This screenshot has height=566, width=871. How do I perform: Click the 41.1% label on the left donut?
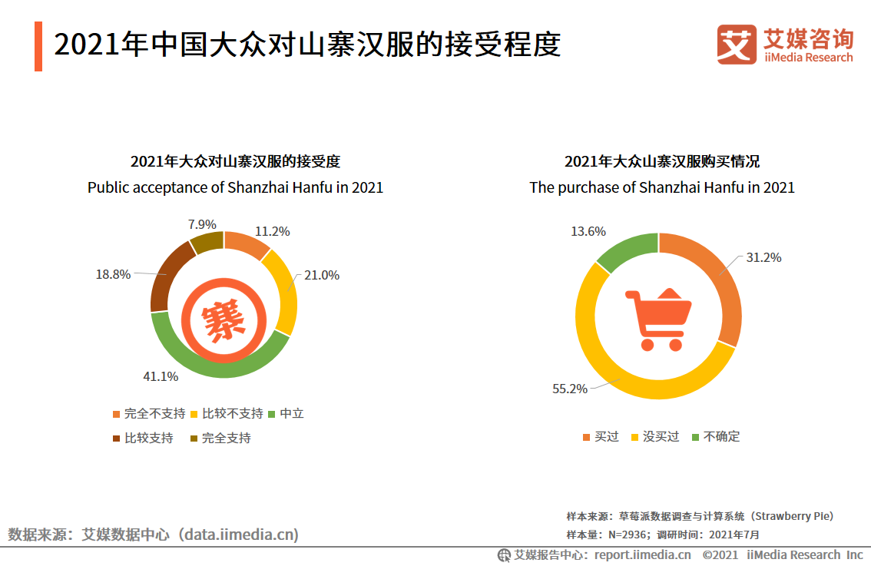pos(161,376)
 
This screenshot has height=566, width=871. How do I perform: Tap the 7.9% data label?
pos(202,224)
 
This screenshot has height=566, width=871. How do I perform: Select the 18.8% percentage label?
pos(113,274)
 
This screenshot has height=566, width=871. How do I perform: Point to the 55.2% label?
pos(570,389)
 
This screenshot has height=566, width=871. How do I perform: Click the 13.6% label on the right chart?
pos(588,231)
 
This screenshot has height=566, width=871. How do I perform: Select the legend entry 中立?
pos(291,413)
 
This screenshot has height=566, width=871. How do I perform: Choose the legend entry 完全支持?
pos(226,438)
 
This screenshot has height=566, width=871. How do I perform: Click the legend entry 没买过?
pos(661,436)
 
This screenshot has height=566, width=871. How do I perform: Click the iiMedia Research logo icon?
pos(737,45)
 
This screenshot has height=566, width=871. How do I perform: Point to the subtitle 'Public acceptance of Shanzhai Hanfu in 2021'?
pos(235,187)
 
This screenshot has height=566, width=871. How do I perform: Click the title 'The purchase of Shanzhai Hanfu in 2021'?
pos(662,187)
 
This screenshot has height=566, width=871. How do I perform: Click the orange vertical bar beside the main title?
pos(38,47)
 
